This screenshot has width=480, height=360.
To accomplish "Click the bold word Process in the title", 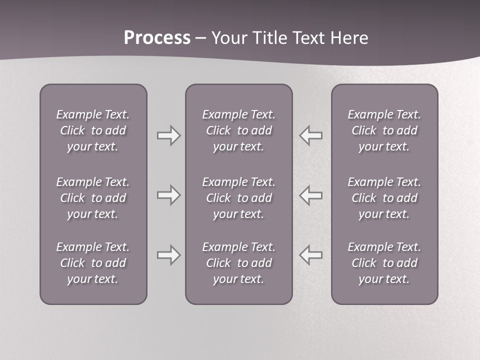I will pyautogui.click(x=157, y=38).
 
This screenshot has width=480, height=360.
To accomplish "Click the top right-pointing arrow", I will pyautogui.click(x=168, y=135).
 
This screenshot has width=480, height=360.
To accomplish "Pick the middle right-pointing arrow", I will pyautogui.click(x=168, y=194).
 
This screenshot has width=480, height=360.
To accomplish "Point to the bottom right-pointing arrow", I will pyautogui.click(x=168, y=255).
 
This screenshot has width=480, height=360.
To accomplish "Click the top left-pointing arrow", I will pyautogui.click(x=311, y=135).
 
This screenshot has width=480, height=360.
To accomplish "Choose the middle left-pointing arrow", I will pyautogui.click(x=311, y=194).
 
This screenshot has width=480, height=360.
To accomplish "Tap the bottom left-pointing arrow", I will pyautogui.click(x=311, y=255).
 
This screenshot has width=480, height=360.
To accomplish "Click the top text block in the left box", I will pyautogui.click(x=93, y=130).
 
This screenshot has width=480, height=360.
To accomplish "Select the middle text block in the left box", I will pyautogui.click(x=93, y=198).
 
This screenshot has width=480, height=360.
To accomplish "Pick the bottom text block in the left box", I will pyautogui.click(x=93, y=263).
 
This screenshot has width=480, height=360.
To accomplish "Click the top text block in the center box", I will pyautogui.click(x=239, y=130).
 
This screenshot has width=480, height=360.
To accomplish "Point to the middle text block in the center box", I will pyautogui.click(x=239, y=198).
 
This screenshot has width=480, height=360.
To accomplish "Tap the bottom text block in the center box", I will pyautogui.click(x=239, y=263).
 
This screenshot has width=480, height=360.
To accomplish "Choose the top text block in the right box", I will pyautogui.click(x=384, y=130).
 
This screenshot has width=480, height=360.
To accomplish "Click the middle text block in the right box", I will pyautogui.click(x=384, y=198).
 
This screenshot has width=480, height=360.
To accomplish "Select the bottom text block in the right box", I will pyautogui.click(x=384, y=263).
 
